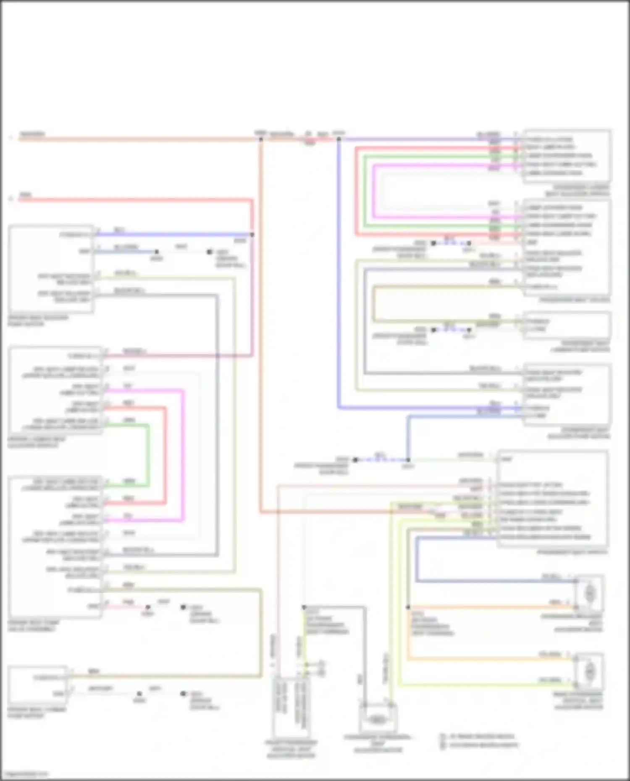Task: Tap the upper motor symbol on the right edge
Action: coord(589,593)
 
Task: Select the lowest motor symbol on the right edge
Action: coord(589,671)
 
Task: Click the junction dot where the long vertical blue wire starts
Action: coord(339,139)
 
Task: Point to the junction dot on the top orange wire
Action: coord(260,139)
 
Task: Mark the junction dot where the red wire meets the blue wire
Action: coord(252,235)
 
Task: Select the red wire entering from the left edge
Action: coord(126,200)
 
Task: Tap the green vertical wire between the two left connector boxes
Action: coord(148,455)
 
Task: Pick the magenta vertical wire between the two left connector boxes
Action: coord(183,455)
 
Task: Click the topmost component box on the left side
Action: coord(50,269)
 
